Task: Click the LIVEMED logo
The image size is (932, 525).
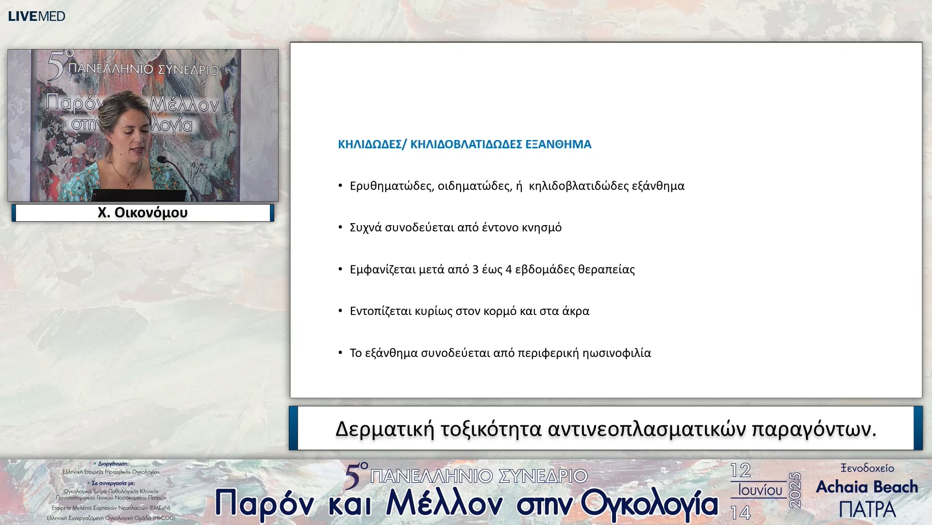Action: coord(36,16)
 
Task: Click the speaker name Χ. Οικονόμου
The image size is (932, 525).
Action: coord(142,212)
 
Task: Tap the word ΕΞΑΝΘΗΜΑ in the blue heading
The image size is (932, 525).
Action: coord(558,144)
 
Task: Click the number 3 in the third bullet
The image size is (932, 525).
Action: coord(475,269)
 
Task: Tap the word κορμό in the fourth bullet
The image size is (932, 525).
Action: coord(500,311)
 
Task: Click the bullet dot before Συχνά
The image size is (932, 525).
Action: coord(340,227)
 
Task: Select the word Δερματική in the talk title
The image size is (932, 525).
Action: coord(384,429)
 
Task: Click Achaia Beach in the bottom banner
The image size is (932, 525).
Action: coord(867,487)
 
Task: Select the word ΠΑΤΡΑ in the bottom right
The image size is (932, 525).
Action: coord(867,509)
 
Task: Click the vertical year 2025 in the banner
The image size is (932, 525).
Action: coord(795,490)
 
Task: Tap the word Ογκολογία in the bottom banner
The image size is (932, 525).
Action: coord(649,504)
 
